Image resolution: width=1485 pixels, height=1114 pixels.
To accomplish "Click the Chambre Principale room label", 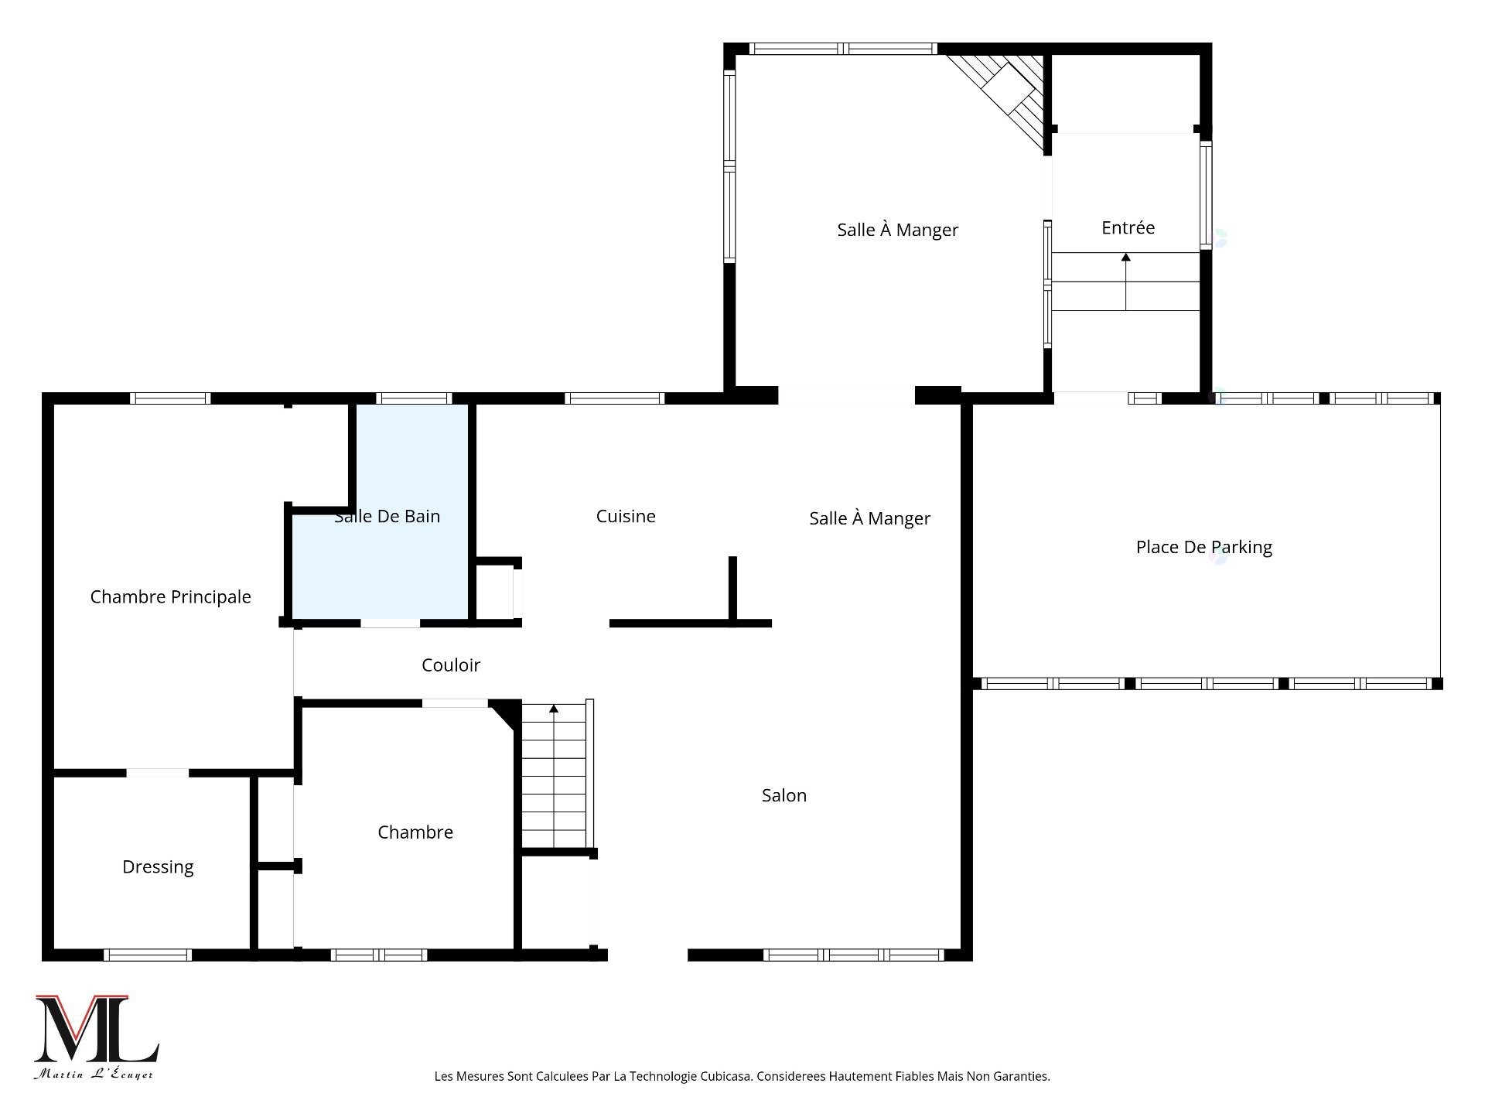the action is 170,596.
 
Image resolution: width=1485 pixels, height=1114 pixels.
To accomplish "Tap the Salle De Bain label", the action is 387,516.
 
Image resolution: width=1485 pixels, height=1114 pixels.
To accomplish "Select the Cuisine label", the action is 626,516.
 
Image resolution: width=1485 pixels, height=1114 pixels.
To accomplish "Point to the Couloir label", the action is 451,665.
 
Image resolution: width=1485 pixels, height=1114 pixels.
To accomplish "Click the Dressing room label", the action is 158,867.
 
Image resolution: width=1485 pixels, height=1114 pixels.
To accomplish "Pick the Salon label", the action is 784,795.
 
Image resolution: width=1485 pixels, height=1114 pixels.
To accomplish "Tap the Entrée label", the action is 1128,227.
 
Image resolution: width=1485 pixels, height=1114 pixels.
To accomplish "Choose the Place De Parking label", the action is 1204,547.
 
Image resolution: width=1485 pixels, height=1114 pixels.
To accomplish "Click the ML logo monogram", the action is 97,1029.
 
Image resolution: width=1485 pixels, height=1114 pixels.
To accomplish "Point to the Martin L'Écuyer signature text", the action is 94,1074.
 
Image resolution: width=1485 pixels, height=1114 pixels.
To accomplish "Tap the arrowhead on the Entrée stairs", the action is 1126,257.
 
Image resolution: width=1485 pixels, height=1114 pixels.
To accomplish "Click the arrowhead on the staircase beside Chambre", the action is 554,708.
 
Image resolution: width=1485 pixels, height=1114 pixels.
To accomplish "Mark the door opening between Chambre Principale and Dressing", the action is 157,773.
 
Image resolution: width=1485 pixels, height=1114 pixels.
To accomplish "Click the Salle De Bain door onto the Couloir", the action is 391,623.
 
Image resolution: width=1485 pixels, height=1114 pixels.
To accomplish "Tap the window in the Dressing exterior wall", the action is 148,955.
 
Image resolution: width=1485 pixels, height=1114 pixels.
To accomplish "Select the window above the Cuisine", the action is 615,398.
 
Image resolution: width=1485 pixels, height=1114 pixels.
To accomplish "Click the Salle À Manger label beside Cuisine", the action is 870,518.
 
